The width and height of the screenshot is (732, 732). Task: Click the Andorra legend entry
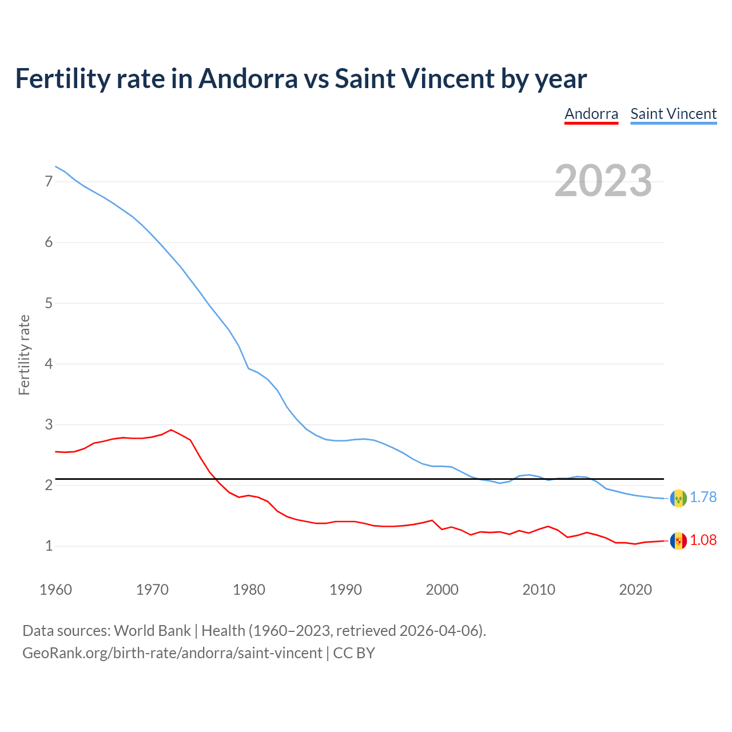(591, 114)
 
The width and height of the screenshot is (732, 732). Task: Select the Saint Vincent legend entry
(673, 114)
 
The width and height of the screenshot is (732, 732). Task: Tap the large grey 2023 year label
(603, 181)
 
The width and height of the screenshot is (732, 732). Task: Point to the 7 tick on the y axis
(49, 182)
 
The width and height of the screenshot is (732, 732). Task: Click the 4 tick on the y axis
(49, 364)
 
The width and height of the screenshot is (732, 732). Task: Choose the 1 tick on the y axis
(49, 546)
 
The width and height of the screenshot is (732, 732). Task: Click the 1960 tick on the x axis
(55, 590)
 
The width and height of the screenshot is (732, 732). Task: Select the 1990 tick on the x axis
(345, 590)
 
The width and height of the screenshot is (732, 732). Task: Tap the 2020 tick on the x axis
(635, 590)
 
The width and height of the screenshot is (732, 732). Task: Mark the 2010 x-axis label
(539, 590)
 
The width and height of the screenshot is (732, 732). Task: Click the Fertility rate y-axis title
(24, 355)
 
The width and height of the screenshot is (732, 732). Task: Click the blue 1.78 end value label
(703, 498)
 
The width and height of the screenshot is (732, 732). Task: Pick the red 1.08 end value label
(703, 540)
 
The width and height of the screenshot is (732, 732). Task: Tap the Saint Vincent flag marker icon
(678, 498)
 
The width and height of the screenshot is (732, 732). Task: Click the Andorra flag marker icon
(678, 541)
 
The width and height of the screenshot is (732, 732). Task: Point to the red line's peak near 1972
(171, 430)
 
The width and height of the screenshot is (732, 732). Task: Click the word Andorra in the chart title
(248, 79)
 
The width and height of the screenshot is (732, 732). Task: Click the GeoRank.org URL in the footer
(172, 653)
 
